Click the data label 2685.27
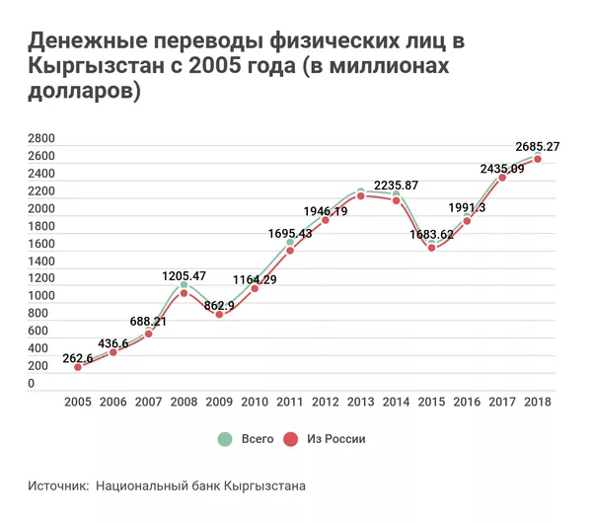coord(533,147)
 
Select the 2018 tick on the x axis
coord(538,402)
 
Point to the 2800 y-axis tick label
coord(40,138)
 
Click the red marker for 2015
coord(431,248)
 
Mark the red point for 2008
coord(184,293)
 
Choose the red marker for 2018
coord(538,159)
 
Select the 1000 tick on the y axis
coord(40,296)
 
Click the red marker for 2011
coord(290,250)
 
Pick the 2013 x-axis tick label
coord(361,402)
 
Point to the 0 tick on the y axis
coord(32,384)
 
